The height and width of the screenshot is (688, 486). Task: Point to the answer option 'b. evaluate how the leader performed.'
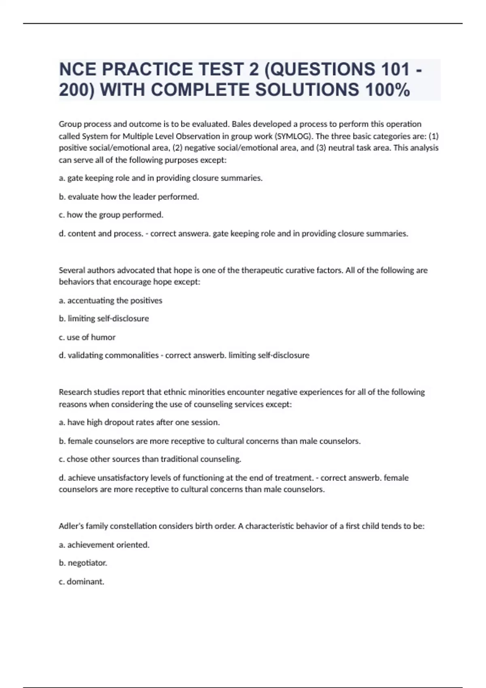click(x=129, y=197)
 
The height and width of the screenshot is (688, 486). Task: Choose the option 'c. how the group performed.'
click(x=111, y=215)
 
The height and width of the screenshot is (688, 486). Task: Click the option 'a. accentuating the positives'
click(x=111, y=300)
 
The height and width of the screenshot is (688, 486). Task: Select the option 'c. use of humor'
click(x=87, y=337)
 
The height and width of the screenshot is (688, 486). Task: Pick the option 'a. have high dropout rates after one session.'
click(x=139, y=422)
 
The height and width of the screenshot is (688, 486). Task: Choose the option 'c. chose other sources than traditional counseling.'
click(x=150, y=459)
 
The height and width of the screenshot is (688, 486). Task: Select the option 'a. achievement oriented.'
click(x=104, y=545)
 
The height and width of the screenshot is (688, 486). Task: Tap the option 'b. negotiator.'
click(x=83, y=563)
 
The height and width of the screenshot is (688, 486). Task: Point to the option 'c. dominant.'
click(x=81, y=582)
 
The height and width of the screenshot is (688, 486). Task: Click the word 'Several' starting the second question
click(x=71, y=270)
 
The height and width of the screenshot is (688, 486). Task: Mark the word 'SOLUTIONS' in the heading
click(x=307, y=90)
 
